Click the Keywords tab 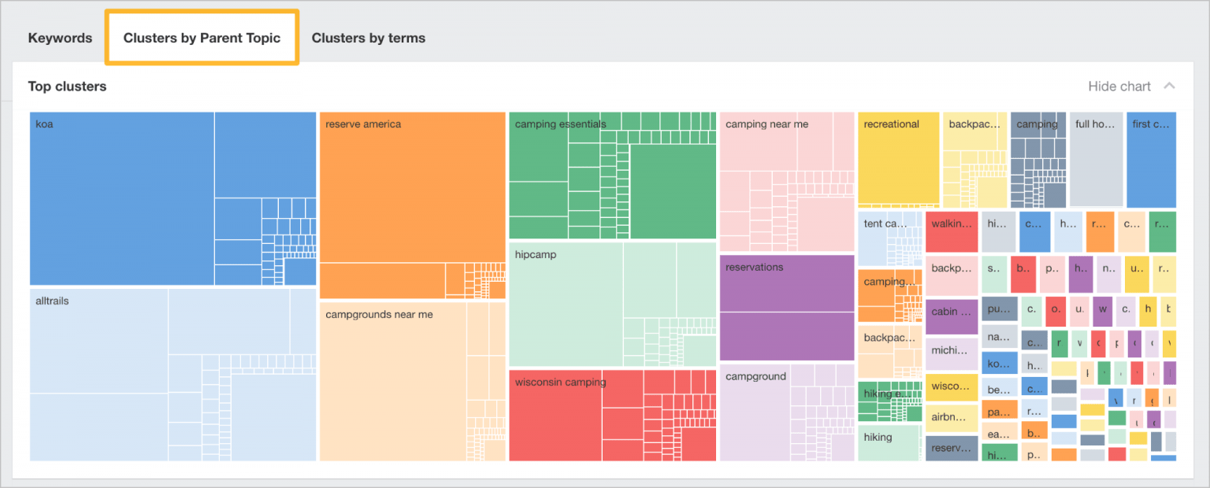click(x=60, y=38)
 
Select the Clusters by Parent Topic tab click(x=202, y=38)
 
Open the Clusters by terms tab click(x=368, y=38)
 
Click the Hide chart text click(x=1119, y=87)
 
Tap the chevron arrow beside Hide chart click(x=1169, y=86)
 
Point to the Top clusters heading click(x=67, y=87)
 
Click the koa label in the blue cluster click(x=44, y=124)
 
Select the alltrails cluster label click(x=52, y=301)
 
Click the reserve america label click(x=362, y=124)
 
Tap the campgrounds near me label click(x=379, y=315)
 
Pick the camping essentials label click(x=560, y=124)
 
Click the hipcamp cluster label click(x=535, y=255)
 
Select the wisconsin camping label click(x=560, y=383)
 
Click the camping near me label click(x=766, y=124)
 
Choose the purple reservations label click(x=754, y=268)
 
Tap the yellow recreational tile click(x=898, y=157)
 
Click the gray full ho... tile click(x=1096, y=157)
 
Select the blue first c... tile click(x=1151, y=157)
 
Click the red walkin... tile click(x=952, y=223)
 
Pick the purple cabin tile click(x=952, y=312)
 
